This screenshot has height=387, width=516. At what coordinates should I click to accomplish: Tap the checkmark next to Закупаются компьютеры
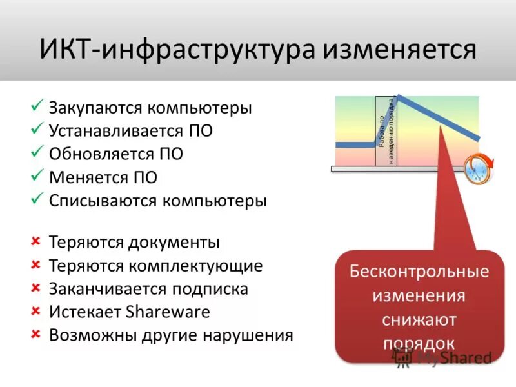37,106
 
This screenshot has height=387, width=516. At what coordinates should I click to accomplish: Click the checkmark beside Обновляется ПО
37,152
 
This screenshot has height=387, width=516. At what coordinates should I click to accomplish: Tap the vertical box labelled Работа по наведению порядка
385,132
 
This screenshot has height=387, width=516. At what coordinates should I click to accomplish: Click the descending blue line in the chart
439,117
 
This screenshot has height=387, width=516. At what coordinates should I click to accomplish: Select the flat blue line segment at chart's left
355,145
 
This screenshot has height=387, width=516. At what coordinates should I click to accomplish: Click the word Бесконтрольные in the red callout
419,272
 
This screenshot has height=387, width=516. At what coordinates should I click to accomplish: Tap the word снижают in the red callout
419,320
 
